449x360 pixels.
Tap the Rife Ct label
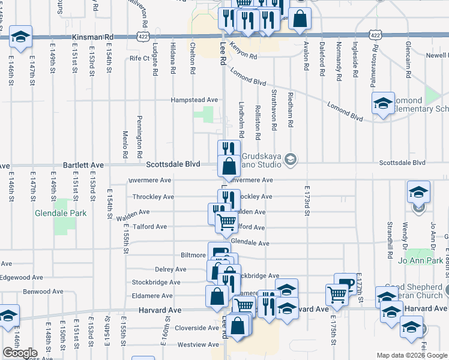[x=139, y=58]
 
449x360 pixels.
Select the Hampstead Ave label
[x=194, y=100]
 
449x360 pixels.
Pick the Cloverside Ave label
[x=196, y=328]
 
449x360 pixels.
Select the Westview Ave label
[x=196, y=344]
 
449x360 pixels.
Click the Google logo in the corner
[x=20, y=353]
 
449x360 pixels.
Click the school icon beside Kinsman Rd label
[x=21, y=37]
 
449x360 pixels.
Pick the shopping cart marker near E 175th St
[x=337, y=293]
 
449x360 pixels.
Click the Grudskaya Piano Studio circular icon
[x=291, y=159]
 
